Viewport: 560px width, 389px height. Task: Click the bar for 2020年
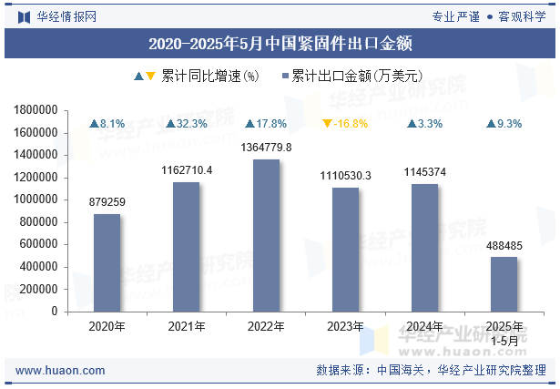(107, 262)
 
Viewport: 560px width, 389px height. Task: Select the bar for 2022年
(266, 235)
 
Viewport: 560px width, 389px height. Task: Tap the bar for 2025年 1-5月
(504, 283)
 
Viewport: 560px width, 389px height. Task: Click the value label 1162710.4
(187, 170)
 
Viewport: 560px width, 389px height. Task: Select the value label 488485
(504, 245)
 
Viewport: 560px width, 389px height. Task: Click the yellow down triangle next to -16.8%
(328, 124)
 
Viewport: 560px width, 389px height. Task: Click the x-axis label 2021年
(187, 326)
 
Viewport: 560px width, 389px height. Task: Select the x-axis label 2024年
(424, 326)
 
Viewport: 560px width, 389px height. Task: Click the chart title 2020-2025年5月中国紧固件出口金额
(280, 43)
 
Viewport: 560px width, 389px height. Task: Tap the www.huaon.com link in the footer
(60, 371)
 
